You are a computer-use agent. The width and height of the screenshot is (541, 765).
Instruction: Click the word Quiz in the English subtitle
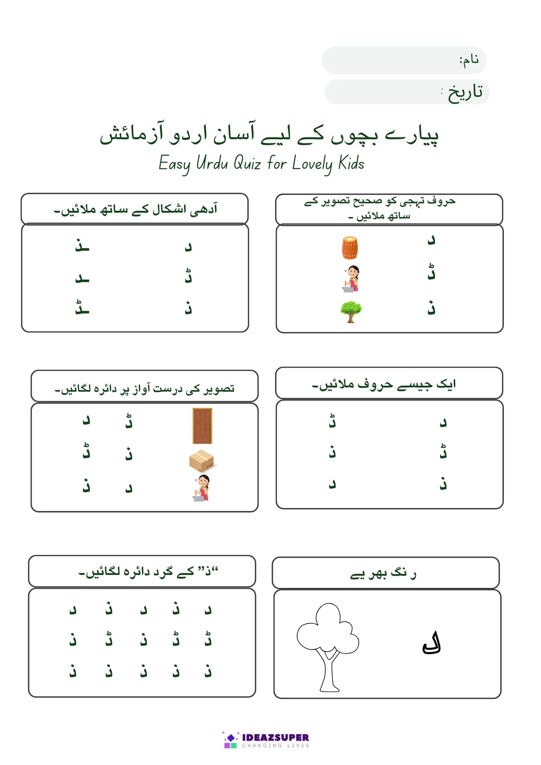pyautogui.click(x=247, y=163)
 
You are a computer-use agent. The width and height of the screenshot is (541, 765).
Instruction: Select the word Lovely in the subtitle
pyautogui.click(x=312, y=164)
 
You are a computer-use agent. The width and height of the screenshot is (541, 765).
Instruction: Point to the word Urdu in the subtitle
pyautogui.click(x=212, y=163)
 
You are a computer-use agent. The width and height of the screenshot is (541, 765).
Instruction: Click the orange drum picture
pyautogui.click(x=350, y=247)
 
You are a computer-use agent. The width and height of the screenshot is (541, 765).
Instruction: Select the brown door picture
pyautogui.click(x=202, y=426)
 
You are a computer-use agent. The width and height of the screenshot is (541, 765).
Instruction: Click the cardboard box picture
pyautogui.click(x=202, y=461)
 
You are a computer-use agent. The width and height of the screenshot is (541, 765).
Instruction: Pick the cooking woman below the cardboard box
pyautogui.click(x=202, y=488)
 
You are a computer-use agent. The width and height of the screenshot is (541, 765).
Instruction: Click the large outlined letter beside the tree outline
pyautogui.click(x=432, y=644)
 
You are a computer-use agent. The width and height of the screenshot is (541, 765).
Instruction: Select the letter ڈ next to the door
pyautogui.click(x=129, y=421)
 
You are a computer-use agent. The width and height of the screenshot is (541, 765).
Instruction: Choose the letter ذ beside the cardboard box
pyautogui.click(x=129, y=454)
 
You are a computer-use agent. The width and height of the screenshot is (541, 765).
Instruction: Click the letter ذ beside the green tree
pyautogui.click(x=432, y=308)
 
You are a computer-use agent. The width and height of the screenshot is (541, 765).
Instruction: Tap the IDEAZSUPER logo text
pyautogui.click(x=275, y=737)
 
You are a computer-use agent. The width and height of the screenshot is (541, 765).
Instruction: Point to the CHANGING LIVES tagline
pyautogui.click(x=275, y=745)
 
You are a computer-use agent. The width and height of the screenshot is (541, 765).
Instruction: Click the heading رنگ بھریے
pyautogui.click(x=383, y=574)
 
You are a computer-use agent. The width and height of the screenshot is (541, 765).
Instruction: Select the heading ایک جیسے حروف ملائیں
pyautogui.click(x=383, y=384)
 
